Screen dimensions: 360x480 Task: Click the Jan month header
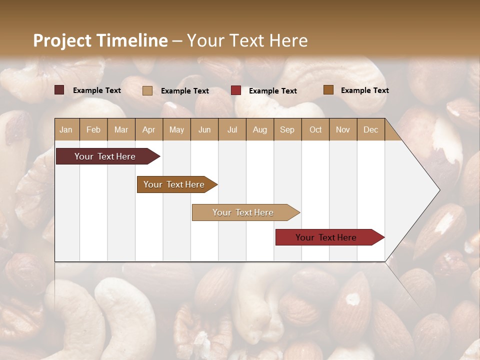click(x=66, y=129)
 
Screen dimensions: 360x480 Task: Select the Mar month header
click(x=121, y=129)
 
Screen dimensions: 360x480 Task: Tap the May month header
click(x=176, y=129)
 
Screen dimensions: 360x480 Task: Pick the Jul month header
click(x=232, y=129)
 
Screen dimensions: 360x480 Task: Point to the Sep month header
click(x=287, y=129)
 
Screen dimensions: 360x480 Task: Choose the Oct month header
click(x=315, y=129)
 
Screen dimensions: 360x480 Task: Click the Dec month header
click(x=370, y=129)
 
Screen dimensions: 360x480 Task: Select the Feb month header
click(x=93, y=129)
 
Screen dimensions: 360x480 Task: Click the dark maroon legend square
click(x=59, y=90)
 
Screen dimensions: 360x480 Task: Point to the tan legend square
click(x=147, y=90)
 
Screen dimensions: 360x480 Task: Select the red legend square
click(x=236, y=90)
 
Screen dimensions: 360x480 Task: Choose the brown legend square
click(x=328, y=90)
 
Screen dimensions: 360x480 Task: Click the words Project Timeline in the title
click(x=100, y=40)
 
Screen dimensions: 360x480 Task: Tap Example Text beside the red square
click(x=272, y=91)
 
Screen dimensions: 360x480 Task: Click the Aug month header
click(x=259, y=129)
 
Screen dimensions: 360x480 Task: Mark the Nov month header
click(x=342, y=129)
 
